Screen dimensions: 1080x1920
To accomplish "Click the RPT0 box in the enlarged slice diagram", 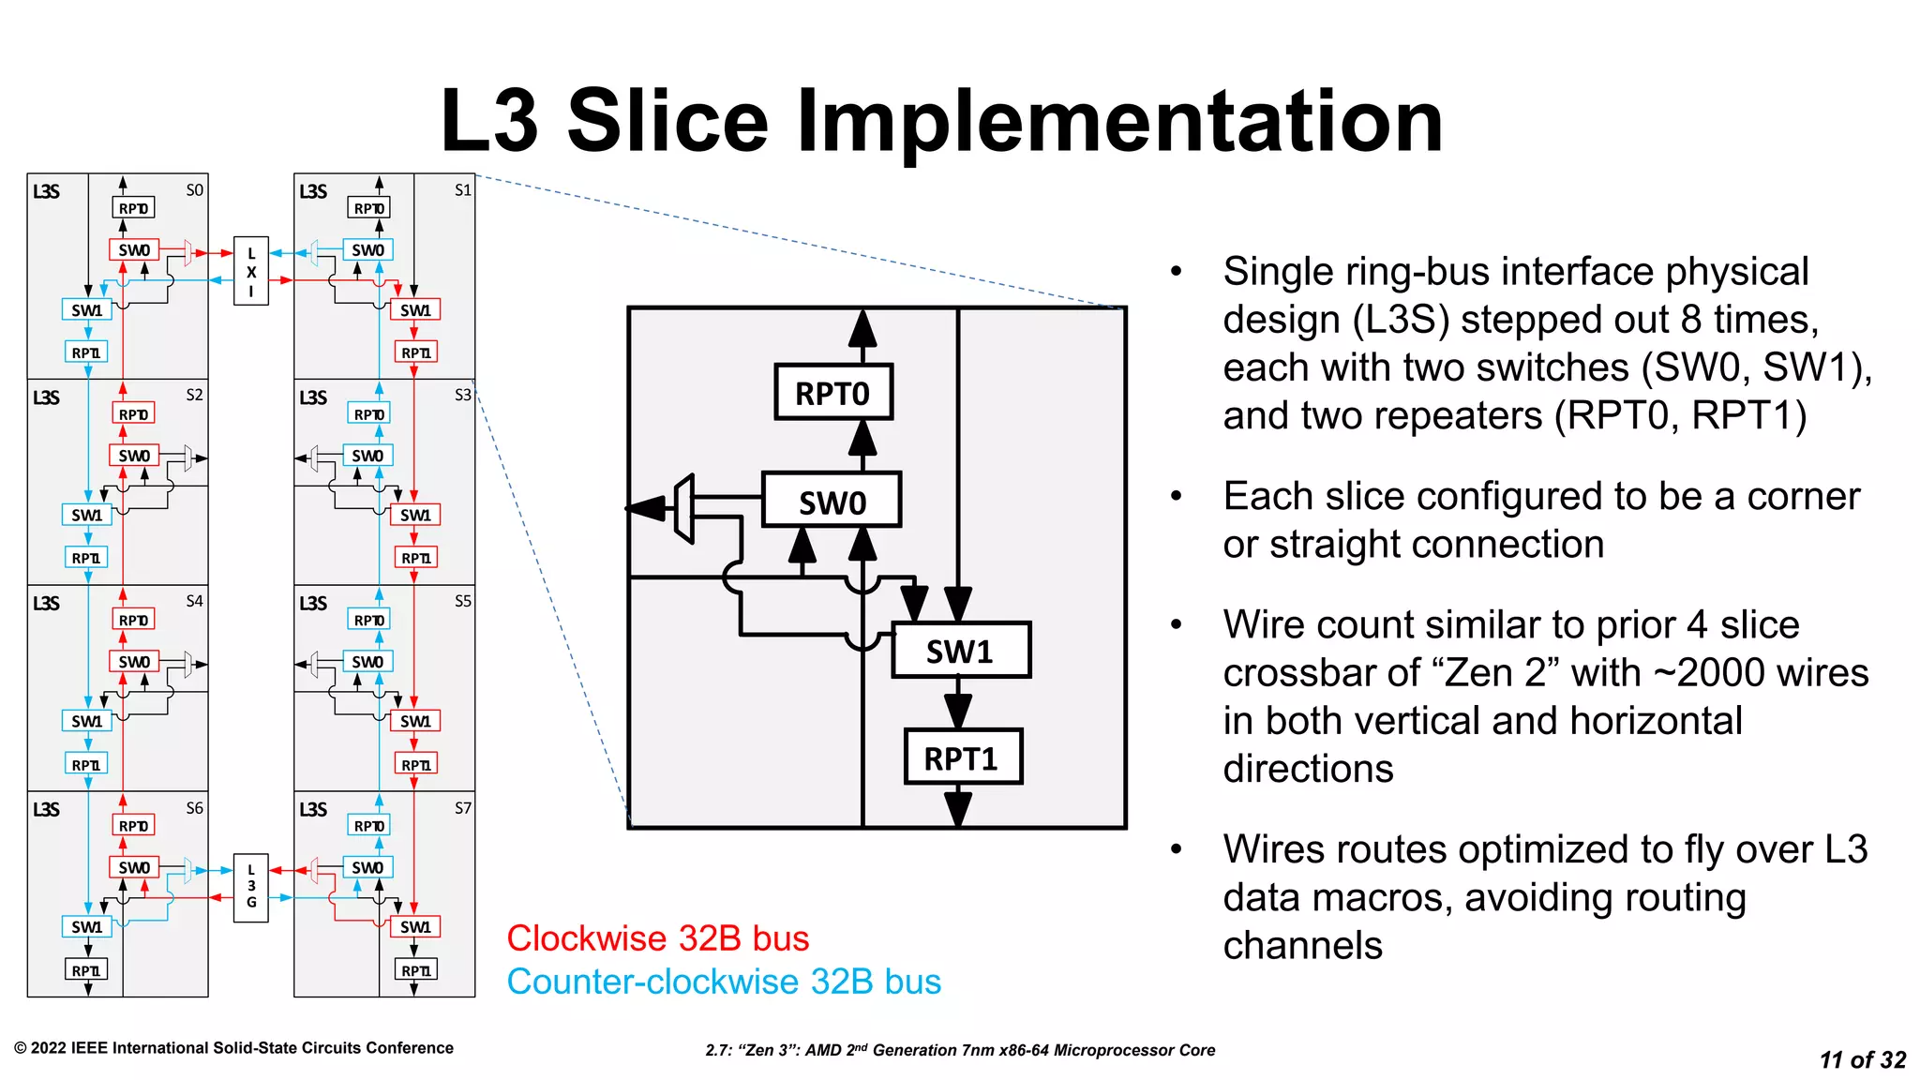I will point(832,392).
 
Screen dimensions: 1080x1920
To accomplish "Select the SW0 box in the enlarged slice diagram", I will point(832,501).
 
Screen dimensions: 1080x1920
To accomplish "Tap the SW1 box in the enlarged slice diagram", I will point(960,650).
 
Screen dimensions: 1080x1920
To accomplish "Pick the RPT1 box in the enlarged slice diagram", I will point(962,757).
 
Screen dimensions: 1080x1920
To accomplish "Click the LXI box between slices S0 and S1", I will point(251,271).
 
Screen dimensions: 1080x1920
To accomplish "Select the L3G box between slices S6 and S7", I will point(251,887).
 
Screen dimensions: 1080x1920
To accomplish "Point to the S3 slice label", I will point(463,396).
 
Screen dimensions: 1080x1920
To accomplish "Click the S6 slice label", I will point(194,808).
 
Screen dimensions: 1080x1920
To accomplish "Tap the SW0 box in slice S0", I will point(134,250).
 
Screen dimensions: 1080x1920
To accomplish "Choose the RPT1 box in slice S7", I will point(415,970).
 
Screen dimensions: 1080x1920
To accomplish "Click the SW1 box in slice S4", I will point(86,721).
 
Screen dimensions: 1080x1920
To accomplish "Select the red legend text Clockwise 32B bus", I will point(657,938).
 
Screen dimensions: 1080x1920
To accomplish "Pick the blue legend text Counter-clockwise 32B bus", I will point(724,982).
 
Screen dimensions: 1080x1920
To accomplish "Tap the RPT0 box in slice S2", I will point(134,414).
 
